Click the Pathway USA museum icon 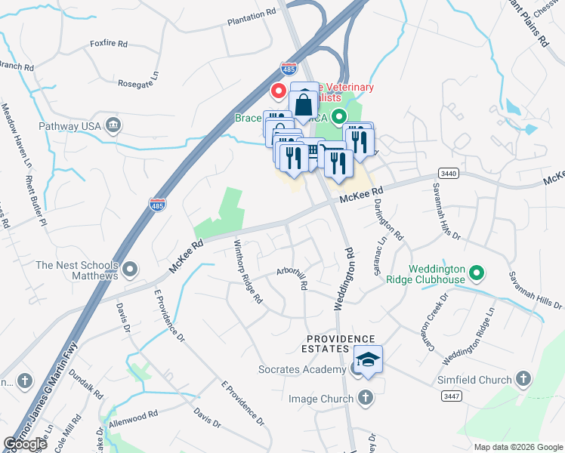coord(113,124)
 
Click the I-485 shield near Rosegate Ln coord(288,67)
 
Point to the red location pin coord(278,92)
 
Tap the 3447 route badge coord(450,396)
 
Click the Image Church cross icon coord(365,397)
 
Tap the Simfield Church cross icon coord(523,380)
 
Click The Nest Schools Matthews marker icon coord(131,268)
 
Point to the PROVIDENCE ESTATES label coord(340,344)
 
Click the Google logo coord(25,444)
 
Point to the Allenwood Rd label coord(132,417)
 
